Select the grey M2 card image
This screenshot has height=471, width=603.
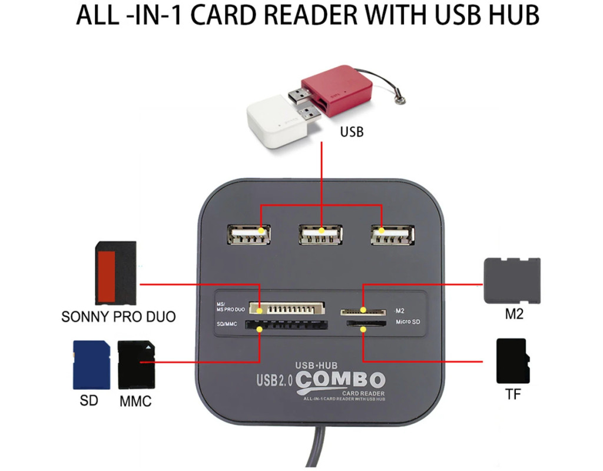[511, 281]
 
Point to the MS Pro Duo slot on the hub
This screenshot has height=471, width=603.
[287, 308]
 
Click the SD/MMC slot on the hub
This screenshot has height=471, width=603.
[286, 324]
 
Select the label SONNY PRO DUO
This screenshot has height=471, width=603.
[118, 317]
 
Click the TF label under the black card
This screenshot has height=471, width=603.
[513, 394]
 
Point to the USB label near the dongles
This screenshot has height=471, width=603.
[352, 131]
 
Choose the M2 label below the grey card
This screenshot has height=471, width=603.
[514, 314]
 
